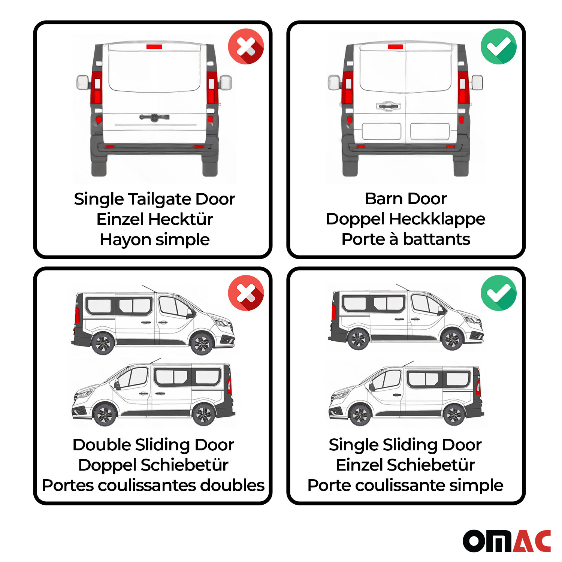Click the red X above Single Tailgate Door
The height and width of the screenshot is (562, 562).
point(246,46)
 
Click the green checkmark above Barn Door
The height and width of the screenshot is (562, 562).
point(498,46)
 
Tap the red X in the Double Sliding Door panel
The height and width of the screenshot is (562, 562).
point(246,293)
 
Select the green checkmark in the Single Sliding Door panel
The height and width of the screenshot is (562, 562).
point(498,293)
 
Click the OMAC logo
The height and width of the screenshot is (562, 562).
point(507,541)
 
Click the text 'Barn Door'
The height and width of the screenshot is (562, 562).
point(405,199)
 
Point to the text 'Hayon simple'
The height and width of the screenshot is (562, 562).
point(154,239)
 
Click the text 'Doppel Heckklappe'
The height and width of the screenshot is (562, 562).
point(405,219)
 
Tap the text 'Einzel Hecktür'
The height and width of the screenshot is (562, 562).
point(154,219)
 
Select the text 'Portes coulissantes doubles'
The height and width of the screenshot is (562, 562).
point(153,485)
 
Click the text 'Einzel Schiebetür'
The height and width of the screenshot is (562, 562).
point(405,465)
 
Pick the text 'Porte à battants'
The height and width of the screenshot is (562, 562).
point(405,239)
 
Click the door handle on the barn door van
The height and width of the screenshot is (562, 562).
point(388,106)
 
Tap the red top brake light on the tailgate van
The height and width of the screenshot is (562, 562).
point(154,47)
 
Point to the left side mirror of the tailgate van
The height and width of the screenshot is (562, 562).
point(83,82)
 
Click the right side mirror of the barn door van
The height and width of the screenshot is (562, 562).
point(477,83)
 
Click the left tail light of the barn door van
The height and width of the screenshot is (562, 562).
point(347,88)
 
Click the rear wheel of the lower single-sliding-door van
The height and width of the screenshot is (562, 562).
point(454,414)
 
